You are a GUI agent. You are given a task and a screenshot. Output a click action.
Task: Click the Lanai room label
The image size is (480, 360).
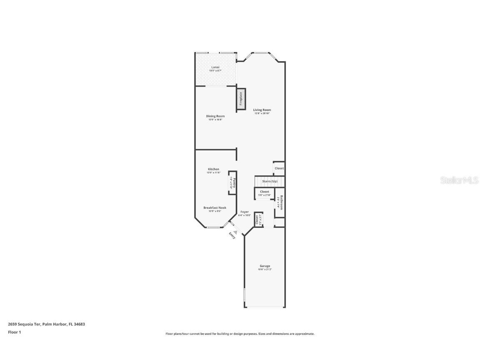click(215, 67)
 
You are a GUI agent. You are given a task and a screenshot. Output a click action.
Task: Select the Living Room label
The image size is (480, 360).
click(262, 110)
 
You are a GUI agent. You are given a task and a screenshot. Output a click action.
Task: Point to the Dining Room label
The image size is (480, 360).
click(215, 116)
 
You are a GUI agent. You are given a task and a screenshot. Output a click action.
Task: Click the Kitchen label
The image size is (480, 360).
click(214, 169)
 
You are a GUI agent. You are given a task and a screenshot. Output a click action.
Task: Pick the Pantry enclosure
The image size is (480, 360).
click(232, 183)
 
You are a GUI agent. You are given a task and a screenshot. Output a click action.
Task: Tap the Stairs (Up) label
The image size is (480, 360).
click(270, 182)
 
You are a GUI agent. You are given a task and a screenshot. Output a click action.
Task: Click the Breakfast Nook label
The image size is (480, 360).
click(215, 207)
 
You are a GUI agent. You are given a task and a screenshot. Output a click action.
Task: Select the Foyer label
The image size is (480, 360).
click(245, 212)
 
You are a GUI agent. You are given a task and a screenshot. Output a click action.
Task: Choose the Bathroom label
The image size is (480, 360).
click(282, 202)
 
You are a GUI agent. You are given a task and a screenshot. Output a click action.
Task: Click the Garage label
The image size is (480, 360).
click(265, 266)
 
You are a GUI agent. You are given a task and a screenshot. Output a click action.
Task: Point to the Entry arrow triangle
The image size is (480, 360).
click(235, 232)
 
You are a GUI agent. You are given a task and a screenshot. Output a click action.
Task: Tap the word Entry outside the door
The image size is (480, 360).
click(232, 236)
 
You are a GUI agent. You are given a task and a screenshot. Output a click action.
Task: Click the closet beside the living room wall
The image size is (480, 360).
click(279, 168)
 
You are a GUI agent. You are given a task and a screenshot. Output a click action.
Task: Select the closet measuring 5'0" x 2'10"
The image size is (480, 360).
click(265, 193)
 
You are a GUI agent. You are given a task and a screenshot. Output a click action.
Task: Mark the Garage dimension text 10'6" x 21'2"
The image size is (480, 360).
click(265, 270)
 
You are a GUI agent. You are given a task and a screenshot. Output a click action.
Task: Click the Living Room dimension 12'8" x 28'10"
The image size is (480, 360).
click(262, 113)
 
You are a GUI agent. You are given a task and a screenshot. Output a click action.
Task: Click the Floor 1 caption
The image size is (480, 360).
click(14, 332)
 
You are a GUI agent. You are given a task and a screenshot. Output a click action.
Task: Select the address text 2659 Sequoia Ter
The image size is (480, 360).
click(24, 324)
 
